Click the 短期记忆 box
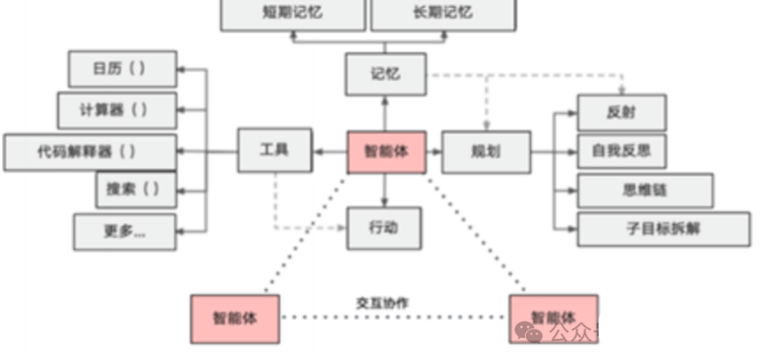[x=293, y=14]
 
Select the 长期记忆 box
[x=443, y=14]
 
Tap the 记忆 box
[x=385, y=74]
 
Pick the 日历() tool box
[x=122, y=69]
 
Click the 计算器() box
[x=116, y=110]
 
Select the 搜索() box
[x=136, y=190]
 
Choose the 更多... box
[x=124, y=231]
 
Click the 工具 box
[x=275, y=151]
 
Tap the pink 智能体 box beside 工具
[x=386, y=152]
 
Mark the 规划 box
[x=486, y=152]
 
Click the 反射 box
[x=621, y=113]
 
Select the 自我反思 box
[x=621, y=151]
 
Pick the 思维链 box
[x=645, y=190]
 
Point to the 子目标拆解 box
[x=663, y=229]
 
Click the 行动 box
[x=384, y=228]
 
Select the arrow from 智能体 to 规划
[x=434, y=152]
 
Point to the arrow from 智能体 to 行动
[x=385, y=190]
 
